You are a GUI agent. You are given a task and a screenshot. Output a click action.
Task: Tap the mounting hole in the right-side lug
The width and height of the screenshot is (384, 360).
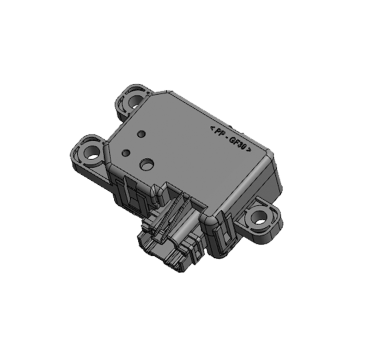coord(261,219)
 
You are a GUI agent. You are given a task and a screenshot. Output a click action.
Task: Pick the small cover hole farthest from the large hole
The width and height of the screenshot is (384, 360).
coord(141,134)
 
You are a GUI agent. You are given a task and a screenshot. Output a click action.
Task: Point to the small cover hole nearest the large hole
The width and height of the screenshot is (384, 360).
coord(126,153)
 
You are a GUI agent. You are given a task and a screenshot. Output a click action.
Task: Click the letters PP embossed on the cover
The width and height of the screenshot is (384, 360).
coord(219,132)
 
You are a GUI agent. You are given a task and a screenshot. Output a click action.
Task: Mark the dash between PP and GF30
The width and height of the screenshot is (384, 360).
coord(226,137)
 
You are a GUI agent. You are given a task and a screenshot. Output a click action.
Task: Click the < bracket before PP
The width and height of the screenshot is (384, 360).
coord(212,127)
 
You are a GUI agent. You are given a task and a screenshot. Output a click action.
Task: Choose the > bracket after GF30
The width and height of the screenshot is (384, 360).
coord(250,153)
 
